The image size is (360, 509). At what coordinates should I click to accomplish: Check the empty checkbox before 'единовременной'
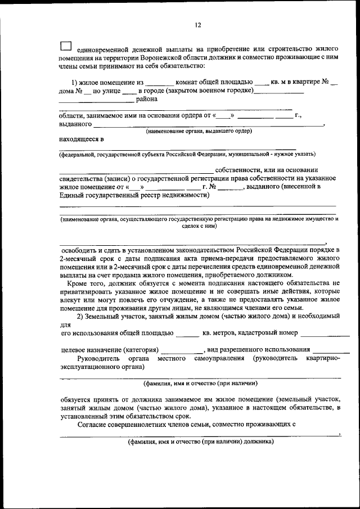pyautogui.click(x=66, y=47)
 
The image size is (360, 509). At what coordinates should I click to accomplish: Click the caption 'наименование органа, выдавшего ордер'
pyautogui.click(x=199, y=131)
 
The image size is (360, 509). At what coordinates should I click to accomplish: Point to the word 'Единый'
pyautogui.click(x=70, y=195)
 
